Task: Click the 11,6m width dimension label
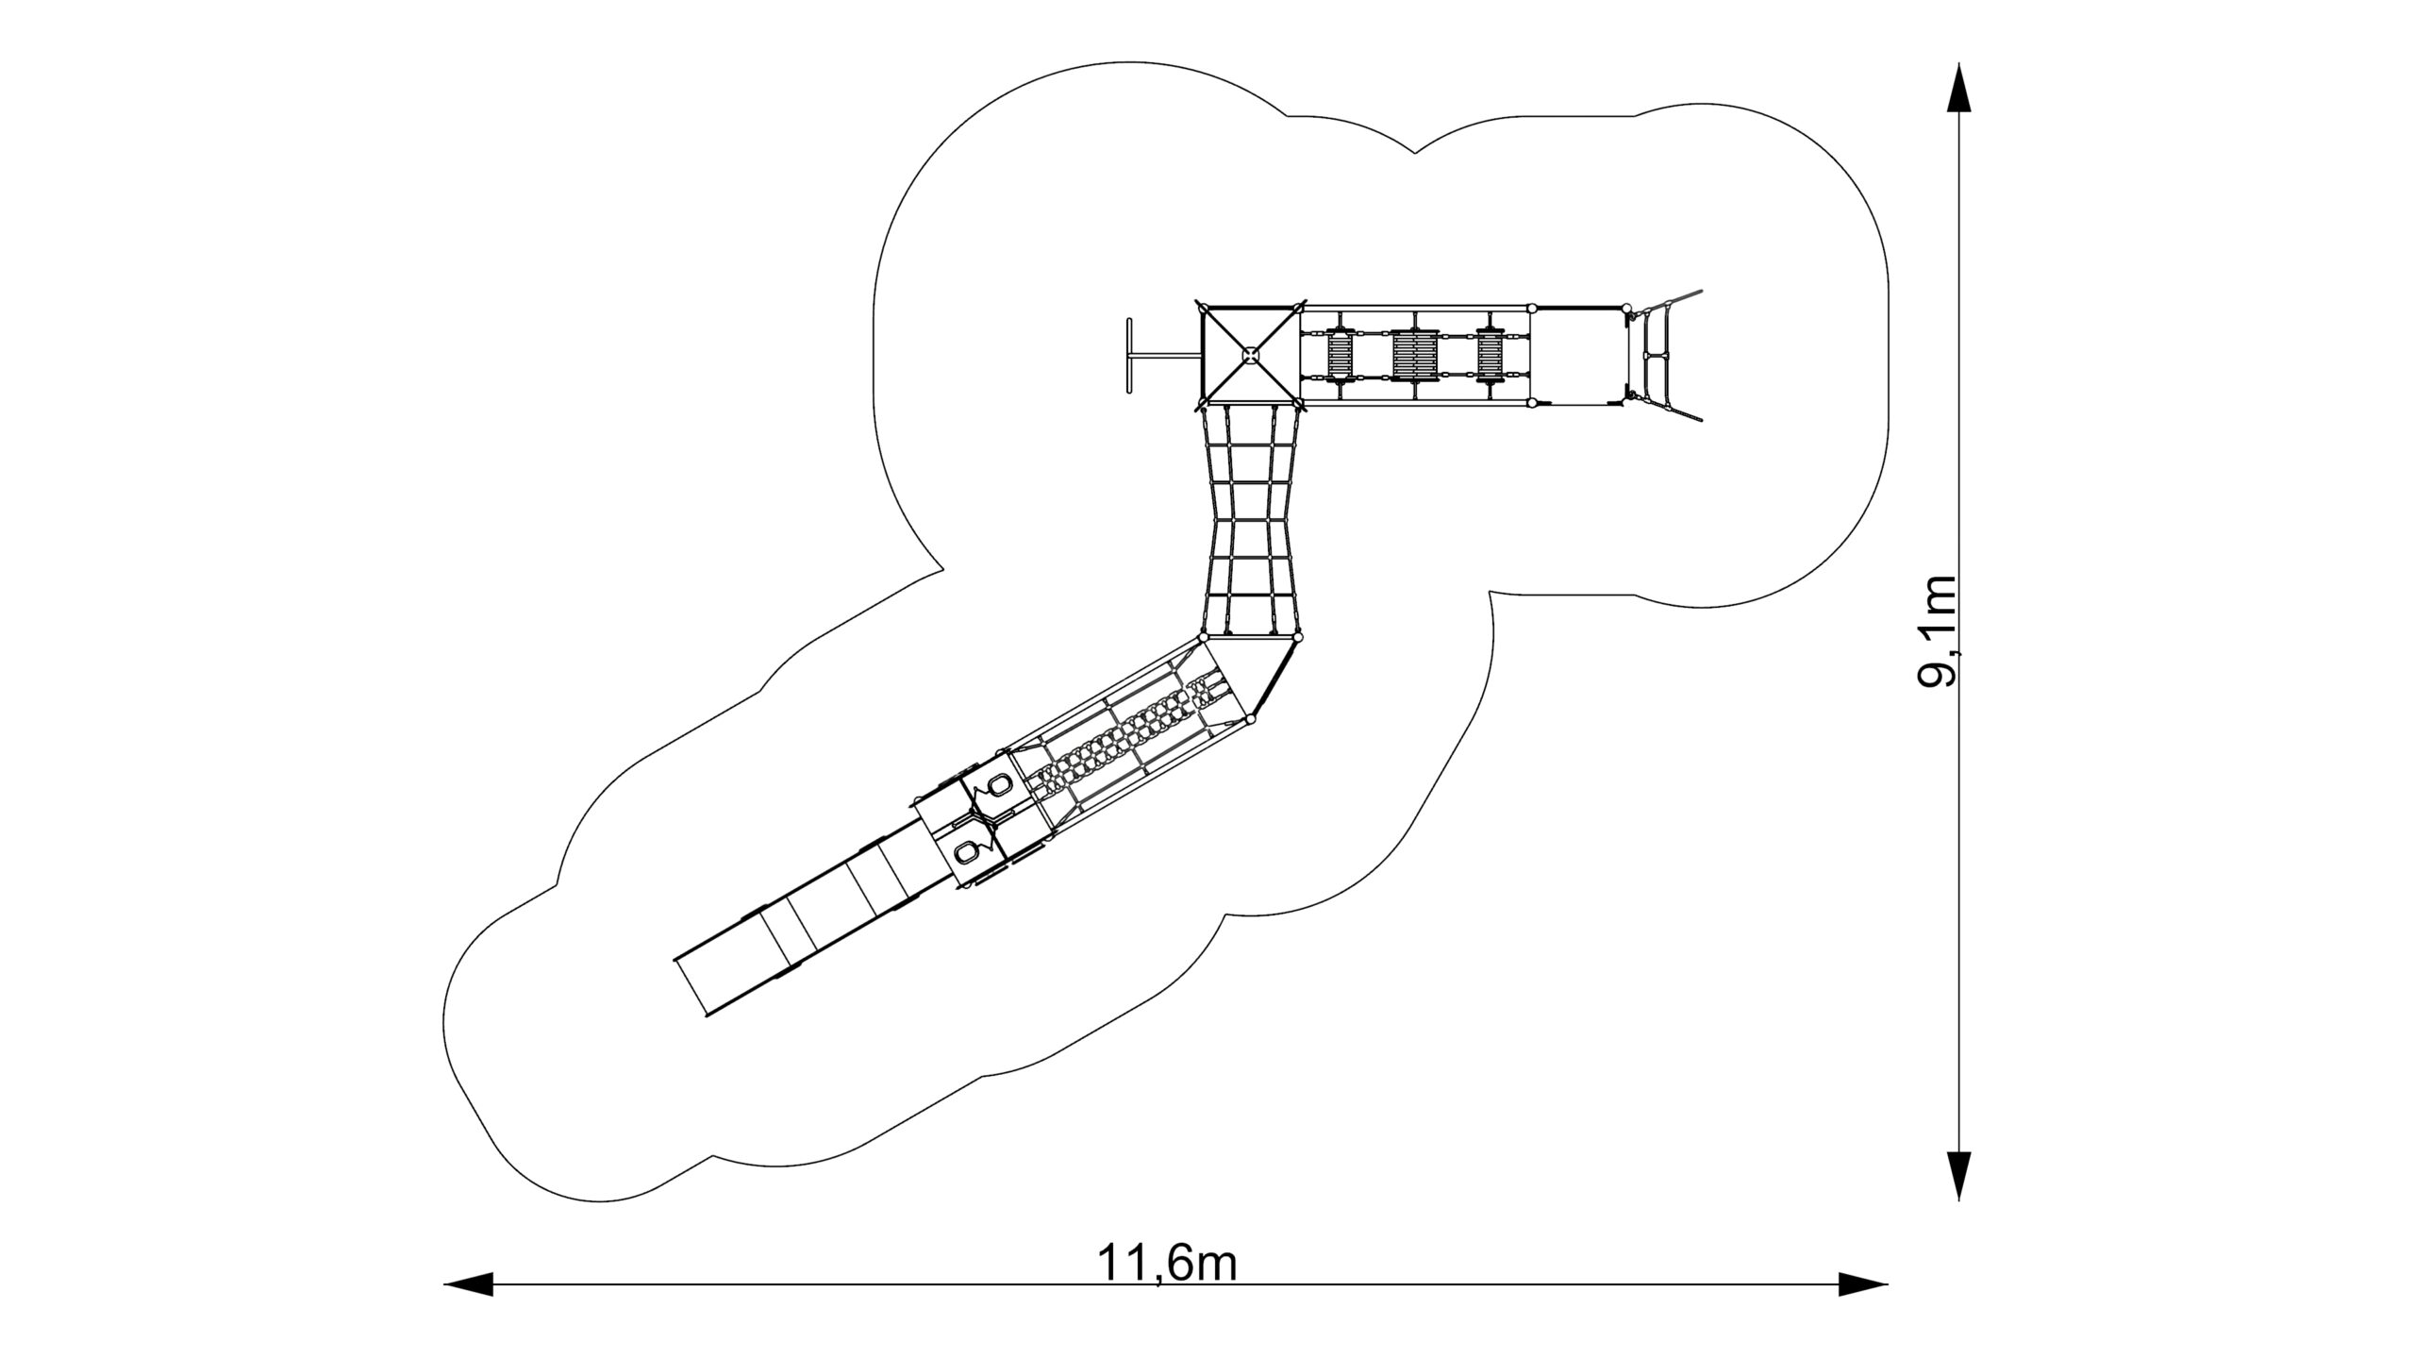pos(1167,1263)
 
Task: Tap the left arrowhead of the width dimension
pos(469,1283)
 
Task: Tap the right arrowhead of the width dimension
pos(1863,1283)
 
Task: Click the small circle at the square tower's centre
pos(1251,355)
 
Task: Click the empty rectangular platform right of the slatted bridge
pos(1579,356)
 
